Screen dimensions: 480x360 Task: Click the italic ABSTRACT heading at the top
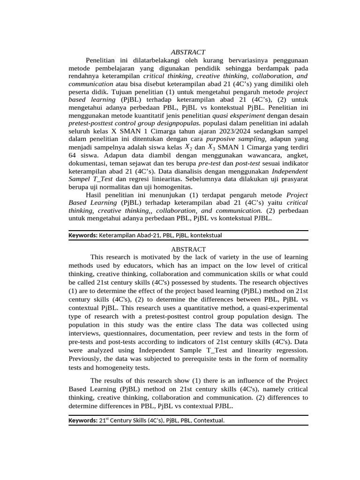(x=188, y=52)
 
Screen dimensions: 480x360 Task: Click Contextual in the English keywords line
(x=209, y=420)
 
